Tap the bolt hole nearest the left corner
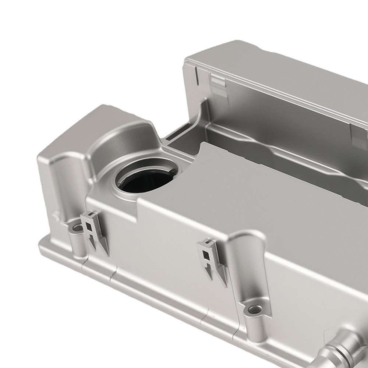click(77, 228)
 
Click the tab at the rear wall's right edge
click(359, 136)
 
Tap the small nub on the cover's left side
click(56, 215)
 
